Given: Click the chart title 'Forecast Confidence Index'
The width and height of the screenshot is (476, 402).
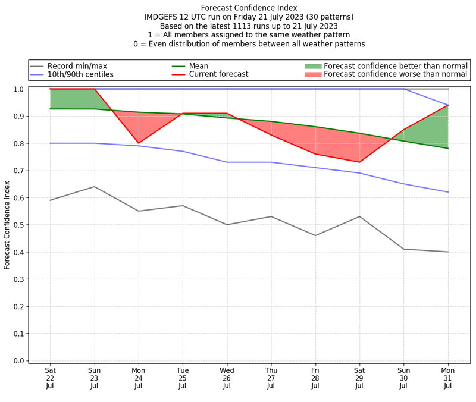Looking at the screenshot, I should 249,8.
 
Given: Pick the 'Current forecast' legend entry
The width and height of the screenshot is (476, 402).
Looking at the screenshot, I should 218,74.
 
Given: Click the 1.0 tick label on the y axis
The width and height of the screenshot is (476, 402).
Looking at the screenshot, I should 18,89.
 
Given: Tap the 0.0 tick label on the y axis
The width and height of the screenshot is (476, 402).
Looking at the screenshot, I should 18,361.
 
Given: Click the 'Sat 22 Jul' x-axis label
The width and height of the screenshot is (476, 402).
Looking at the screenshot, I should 50,378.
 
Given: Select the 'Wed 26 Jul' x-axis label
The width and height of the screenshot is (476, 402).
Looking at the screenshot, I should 227,378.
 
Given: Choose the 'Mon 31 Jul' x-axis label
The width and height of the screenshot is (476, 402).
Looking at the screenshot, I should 448,378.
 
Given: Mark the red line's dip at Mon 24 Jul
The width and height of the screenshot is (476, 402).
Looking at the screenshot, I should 139,143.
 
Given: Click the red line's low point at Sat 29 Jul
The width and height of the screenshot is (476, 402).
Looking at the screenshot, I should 359,162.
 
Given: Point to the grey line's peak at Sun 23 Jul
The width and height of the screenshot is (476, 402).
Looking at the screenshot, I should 95,187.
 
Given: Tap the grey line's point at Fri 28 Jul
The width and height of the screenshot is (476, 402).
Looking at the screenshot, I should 315,235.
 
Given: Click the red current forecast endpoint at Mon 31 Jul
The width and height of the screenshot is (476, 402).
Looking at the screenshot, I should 448,105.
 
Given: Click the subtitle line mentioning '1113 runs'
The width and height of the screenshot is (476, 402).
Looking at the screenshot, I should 249,26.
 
